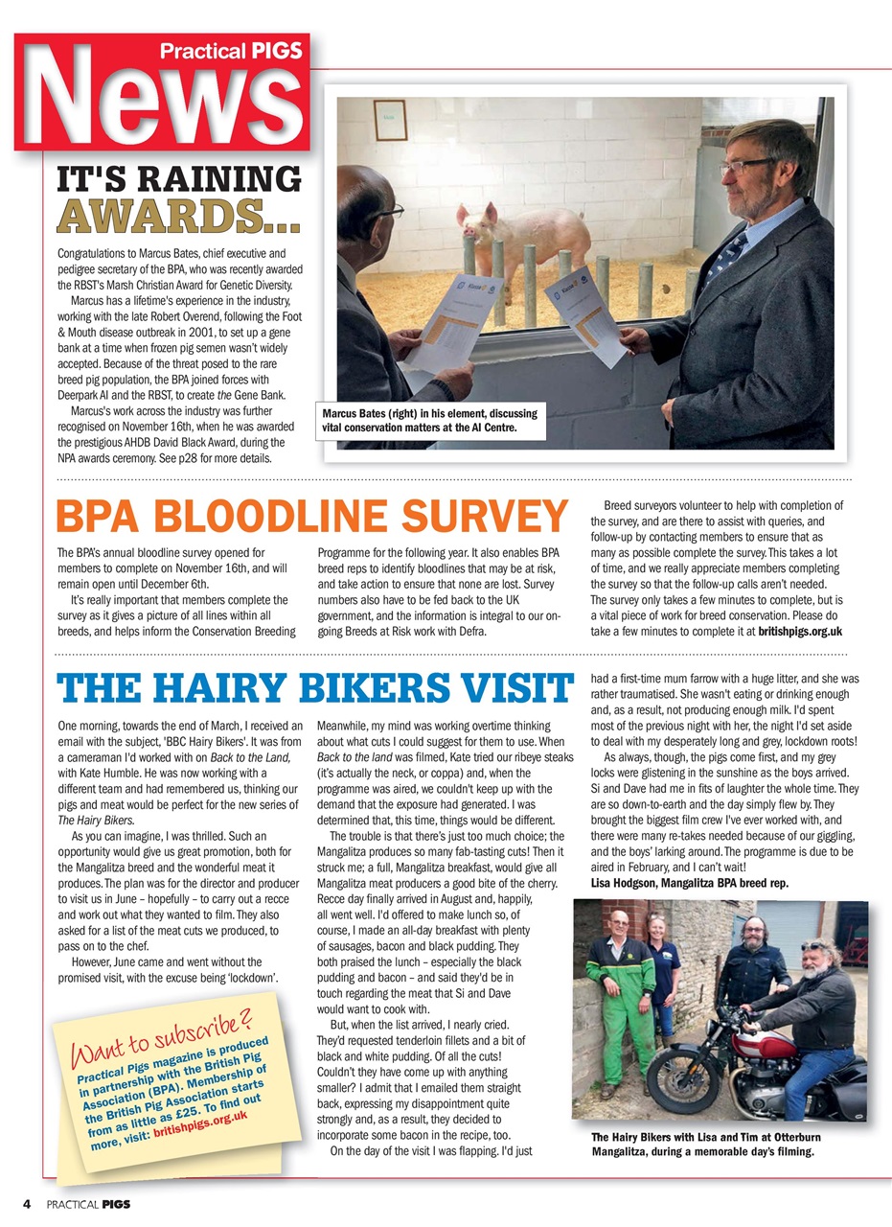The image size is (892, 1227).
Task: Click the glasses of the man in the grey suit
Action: point(746,166)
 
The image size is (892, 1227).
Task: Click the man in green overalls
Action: point(620,997)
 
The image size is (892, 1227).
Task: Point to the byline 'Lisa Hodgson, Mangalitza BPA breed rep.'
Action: point(689,881)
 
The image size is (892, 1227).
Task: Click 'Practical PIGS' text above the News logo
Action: point(231,51)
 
